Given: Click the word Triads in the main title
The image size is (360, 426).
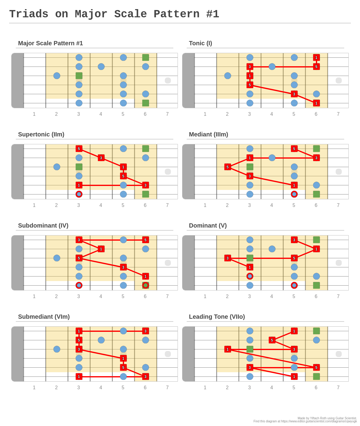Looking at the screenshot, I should (x=29, y=14).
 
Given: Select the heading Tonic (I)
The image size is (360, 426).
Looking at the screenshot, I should (x=200, y=43).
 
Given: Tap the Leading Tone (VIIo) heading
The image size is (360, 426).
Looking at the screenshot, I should (x=217, y=317).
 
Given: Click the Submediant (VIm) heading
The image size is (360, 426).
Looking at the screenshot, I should (x=44, y=317).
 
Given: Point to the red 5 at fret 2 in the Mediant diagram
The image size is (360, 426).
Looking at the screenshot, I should (x=227, y=167).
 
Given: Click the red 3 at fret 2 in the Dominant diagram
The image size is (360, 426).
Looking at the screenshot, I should (x=227, y=258).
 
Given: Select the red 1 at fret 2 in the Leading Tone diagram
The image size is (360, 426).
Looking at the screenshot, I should (x=227, y=349).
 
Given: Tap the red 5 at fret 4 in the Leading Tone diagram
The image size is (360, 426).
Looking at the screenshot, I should (x=272, y=340).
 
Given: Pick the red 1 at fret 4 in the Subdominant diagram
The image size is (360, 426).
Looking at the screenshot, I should (x=101, y=249).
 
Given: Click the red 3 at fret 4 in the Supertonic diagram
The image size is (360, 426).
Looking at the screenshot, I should (x=101, y=158).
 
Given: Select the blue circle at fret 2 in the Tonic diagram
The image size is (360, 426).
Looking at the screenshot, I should (x=227, y=76).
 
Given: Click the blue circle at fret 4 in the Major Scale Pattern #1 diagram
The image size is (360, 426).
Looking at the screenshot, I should (x=101, y=67).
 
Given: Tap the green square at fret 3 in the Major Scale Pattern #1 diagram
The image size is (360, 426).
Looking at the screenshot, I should (x=79, y=76).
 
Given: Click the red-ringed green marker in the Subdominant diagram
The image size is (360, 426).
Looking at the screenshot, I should (x=145, y=285).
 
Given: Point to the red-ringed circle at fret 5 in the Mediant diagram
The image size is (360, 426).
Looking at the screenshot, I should (x=294, y=194).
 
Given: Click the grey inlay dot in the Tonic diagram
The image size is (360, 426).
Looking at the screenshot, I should (x=338, y=81).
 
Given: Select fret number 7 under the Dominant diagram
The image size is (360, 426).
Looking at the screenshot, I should (x=338, y=296).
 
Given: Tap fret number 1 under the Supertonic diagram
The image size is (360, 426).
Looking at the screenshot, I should (x=34, y=205).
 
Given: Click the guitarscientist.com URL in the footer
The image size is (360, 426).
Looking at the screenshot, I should (x=319, y=421).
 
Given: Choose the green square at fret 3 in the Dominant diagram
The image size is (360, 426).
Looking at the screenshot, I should (x=250, y=258).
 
